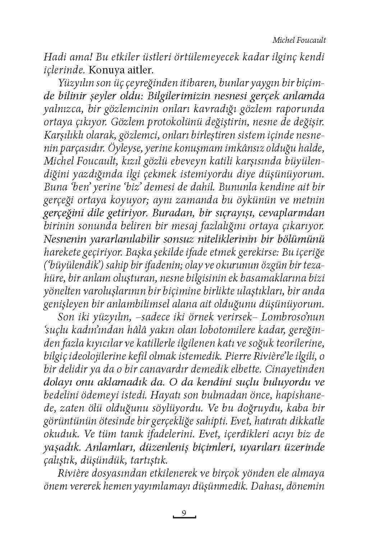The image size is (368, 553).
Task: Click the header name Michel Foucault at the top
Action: click(299, 40)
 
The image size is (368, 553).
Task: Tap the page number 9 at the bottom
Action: click(184, 513)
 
